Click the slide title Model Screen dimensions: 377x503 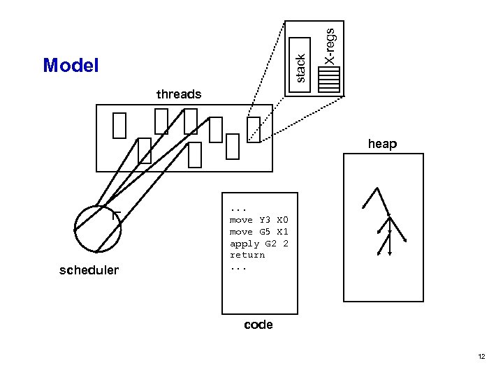tap(71, 66)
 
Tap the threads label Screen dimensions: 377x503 tap(179, 94)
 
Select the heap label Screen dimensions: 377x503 tap(382, 144)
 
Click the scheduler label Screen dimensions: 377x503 tap(89, 270)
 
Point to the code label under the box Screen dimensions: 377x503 tap(258, 325)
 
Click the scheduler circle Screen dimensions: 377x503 tap(98, 228)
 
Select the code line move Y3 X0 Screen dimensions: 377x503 tap(258, 220)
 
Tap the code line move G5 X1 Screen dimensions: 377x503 tap(258, 232)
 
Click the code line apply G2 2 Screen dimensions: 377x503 tap(258, 244)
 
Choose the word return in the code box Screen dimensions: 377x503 tap(247, 255)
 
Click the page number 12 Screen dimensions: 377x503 tap(481, 357)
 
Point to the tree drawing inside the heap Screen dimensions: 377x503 tap(382, 220)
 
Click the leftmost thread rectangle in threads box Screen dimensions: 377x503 tap(119, 125)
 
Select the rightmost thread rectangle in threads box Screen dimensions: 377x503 tap(254, 129)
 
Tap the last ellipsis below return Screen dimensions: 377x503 tap(238, 267)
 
